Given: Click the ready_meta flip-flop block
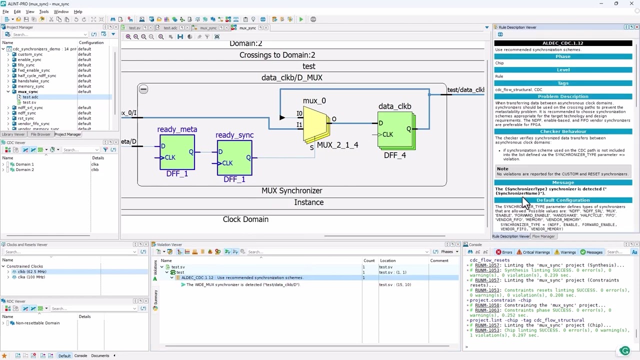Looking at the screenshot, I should (177, 152).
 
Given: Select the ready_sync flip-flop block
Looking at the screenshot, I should (234, 157).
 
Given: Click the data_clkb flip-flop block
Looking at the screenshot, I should (395, 130).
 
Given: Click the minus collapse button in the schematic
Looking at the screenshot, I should (143, 89).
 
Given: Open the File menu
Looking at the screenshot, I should (5, 11).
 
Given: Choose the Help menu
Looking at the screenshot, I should (78, 11).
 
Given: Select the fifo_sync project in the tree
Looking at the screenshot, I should (26, 65).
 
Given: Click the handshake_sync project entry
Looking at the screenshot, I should (33, 81).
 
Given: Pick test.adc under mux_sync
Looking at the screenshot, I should (30, 97).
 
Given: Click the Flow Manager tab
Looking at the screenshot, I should (543, 236).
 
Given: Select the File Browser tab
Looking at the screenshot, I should (40, 134).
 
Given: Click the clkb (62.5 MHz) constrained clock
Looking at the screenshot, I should (31, 271).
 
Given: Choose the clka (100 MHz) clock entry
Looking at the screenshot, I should (31, 277).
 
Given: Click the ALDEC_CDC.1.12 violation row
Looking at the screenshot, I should (242, 277).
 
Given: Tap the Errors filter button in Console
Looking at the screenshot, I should (504, 252).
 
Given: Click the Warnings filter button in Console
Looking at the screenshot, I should (564, 252).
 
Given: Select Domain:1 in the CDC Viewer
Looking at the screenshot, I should (24, 164).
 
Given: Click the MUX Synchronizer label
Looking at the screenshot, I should (291, 190).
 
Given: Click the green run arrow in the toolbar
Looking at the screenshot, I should (301, 19).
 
